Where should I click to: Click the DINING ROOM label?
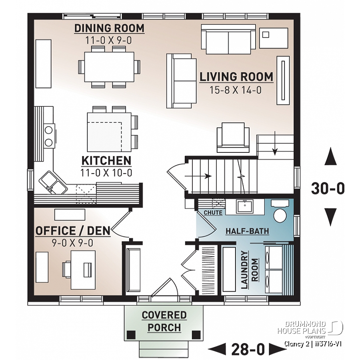click(x=109, y=29)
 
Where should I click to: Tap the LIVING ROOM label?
click(x=236, y=76)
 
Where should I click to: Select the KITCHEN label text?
click(x=106, y=161)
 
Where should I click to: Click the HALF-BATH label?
click(x=247, y=231)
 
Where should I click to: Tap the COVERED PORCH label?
click(x=164, y=321)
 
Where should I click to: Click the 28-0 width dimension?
click(x=248, y=349)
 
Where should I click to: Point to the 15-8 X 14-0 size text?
click(x=236, y=90)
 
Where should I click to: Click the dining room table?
click(x=109, y=66)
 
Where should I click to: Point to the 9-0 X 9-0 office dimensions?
click(x=73, y=242)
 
